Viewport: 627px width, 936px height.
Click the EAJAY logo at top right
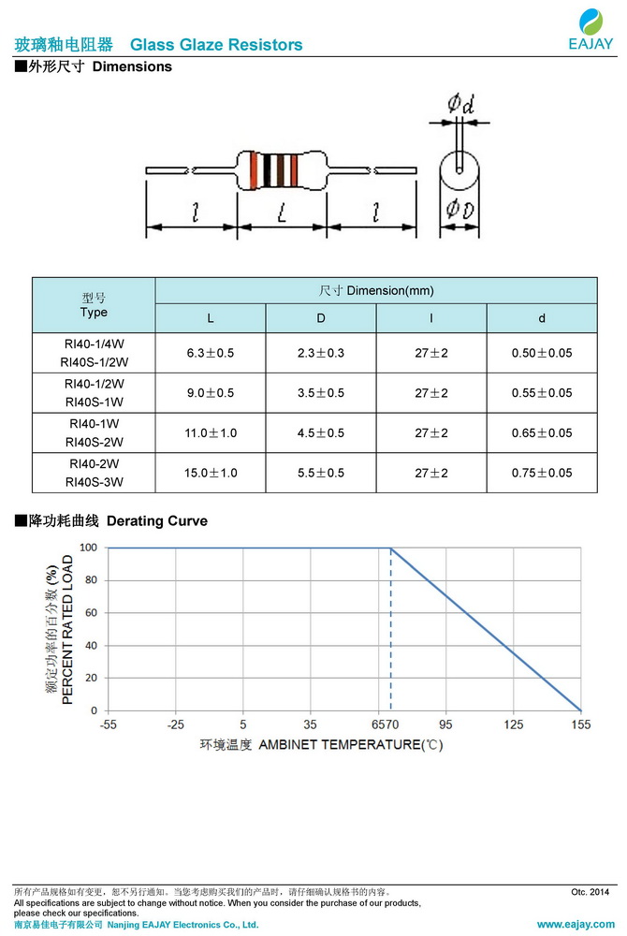pos(591,29)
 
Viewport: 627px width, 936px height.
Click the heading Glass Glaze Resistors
pos(216,45)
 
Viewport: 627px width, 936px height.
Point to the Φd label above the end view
pos(460,104)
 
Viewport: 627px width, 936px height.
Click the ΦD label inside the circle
pos(460,209)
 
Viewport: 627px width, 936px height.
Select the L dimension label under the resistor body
pos(283,212)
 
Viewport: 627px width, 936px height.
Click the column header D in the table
pos(321,318)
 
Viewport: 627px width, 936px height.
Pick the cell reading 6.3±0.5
pos(210,353)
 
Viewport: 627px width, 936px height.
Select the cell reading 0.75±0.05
pos(542,473)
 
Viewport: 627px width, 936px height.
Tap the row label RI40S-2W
pos(95,443)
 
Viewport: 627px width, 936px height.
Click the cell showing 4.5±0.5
pos(321,432)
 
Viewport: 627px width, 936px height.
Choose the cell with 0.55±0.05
pos(542,393)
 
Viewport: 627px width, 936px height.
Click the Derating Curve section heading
pos(157,521)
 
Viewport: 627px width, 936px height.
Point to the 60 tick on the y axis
pos(91,612)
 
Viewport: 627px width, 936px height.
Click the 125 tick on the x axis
pos(513,724)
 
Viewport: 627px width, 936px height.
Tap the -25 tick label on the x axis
pos(175,724)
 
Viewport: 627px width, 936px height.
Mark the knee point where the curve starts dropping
pos(391,548)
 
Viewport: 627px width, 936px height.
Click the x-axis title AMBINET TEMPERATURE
pos(340,745)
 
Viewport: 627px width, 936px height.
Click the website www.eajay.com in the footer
pos(576,924)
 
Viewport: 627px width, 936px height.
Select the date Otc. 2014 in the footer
pos(590,892)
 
